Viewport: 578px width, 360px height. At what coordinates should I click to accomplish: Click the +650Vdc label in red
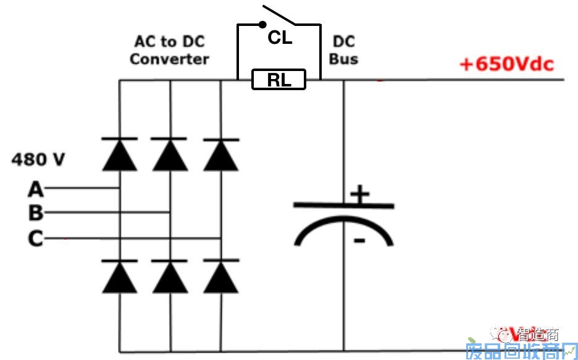tap(506, 64)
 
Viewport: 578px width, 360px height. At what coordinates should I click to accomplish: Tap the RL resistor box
tap(279, 80)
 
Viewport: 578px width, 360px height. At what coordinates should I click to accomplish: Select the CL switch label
tap(279, 38)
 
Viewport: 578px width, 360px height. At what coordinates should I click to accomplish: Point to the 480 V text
tap(38, 159)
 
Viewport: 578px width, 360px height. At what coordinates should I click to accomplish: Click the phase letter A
tap(36, 188)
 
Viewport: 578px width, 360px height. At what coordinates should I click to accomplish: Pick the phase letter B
tap(36, 213)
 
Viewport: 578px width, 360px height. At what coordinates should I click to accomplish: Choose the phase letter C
tap(36, 238)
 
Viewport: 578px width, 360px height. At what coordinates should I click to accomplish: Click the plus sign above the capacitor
tap(359, 195)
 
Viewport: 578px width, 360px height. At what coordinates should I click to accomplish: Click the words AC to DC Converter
tap(169, 51)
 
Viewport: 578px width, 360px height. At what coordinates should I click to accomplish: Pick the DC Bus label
tap(343, 51)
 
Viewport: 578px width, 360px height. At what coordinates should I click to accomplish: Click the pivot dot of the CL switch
tap(262, 25)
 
